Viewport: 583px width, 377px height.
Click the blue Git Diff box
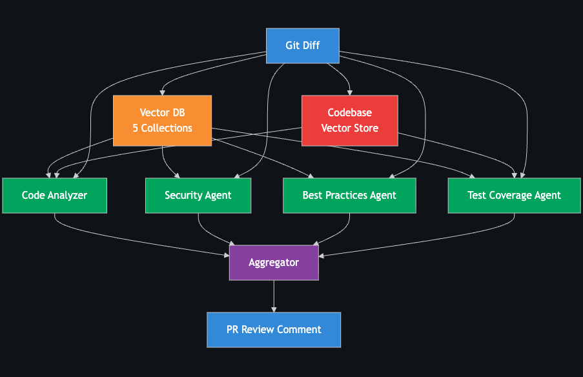pos(302,46)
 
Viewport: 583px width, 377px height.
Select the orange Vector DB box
pos(162,121)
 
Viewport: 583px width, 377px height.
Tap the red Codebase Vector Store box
pos(349,121)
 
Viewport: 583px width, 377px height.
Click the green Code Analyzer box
pos(54,195)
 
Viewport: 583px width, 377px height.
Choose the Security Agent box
pos(198,195)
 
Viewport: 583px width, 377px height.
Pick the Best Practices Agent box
pos(349,195)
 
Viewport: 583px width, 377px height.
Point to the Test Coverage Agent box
pos(514,195)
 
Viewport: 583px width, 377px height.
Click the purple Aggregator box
pos(274,263)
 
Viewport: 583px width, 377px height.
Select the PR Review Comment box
pos(274,330)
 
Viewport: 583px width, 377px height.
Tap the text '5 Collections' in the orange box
pos(162,128)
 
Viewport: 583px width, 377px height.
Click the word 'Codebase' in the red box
pos(349,113)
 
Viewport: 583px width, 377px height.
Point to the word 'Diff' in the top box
pos(311,46)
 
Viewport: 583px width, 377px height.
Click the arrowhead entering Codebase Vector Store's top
pos(349,93)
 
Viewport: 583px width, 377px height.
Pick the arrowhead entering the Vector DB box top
pos(162,93)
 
